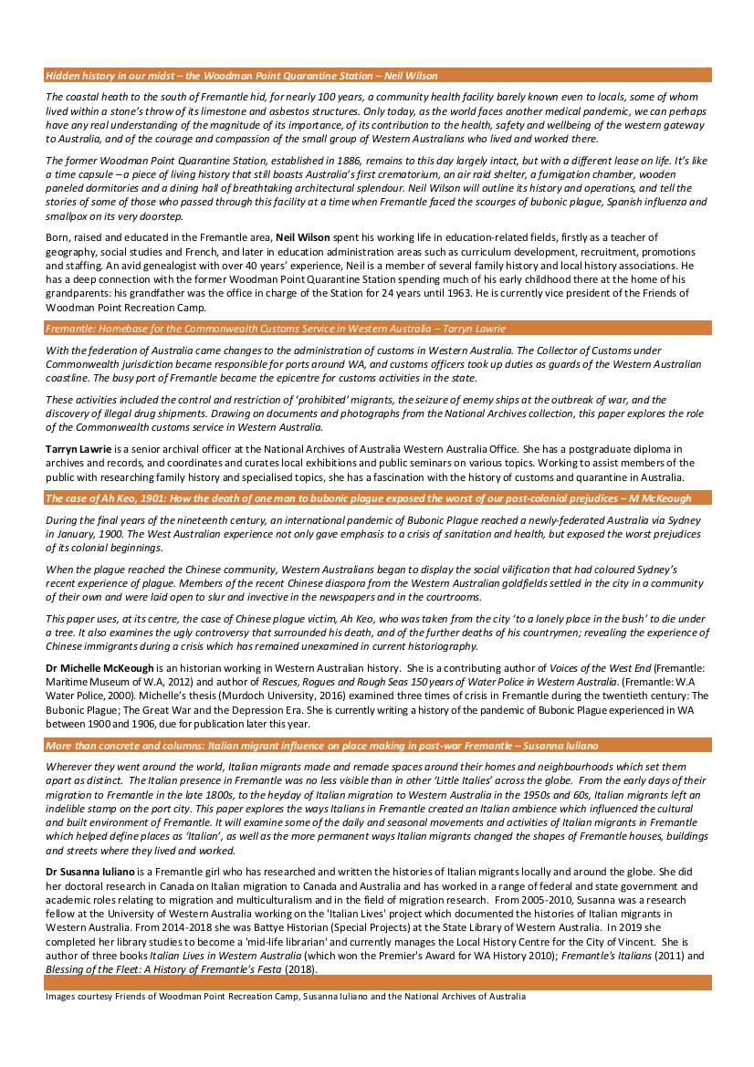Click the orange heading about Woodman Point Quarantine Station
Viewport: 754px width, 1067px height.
(242, 76)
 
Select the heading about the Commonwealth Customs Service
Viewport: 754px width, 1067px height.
(273, 329)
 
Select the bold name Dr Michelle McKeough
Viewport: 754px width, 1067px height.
(99, 669)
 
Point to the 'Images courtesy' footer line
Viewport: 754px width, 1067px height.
(286, 996)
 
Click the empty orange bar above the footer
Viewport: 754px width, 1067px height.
(377, 982)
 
